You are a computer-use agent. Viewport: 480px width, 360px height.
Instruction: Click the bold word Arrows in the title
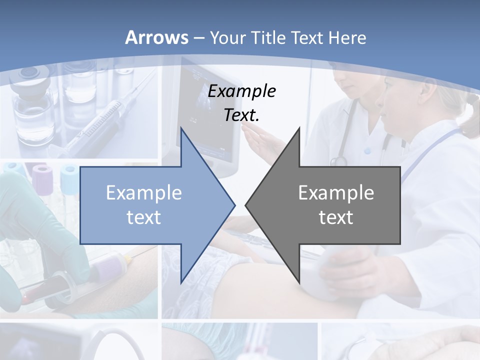click(157, 37)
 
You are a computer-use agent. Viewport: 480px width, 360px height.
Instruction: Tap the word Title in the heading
click(268, 37)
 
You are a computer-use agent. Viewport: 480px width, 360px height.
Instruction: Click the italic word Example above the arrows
click(241, 91)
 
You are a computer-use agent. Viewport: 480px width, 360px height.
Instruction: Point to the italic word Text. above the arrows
click(241, 115)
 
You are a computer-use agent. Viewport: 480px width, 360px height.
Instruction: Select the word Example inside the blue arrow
click(144, 193)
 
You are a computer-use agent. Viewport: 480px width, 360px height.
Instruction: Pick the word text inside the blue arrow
click(144, 217)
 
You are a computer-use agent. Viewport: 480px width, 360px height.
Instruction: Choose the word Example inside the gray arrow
click(336, 193)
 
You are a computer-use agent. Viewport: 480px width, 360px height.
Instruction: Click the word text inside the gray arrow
click(336, 217)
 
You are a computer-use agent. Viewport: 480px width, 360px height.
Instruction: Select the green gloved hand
click(30, 225)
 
